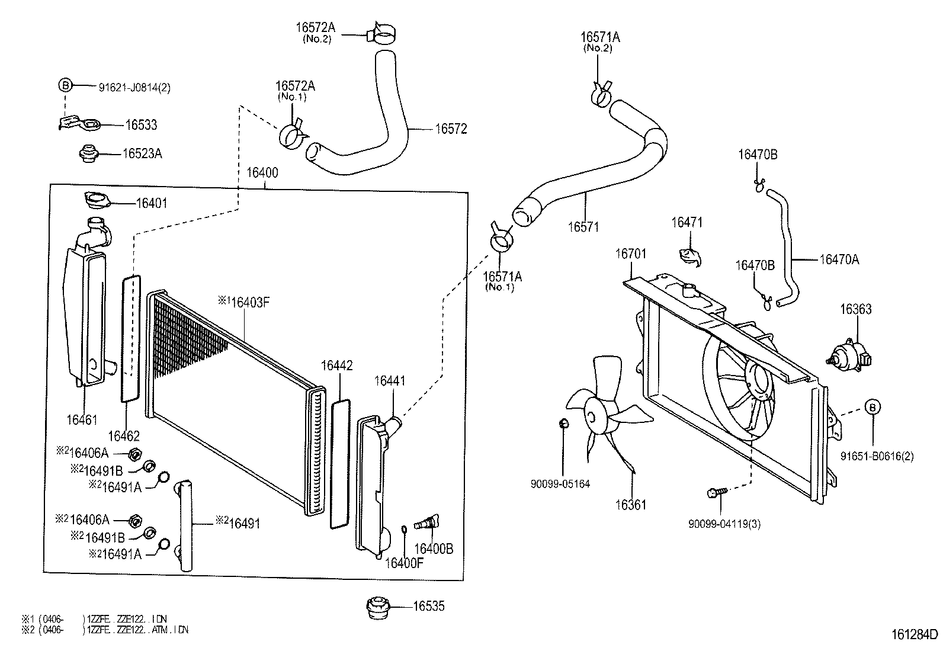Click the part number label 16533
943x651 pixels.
tap(141, 125)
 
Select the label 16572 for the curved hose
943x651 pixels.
tap(451, 129)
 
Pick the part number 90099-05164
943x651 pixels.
tap(560, 484)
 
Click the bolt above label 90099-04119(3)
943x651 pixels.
tap(718, 492)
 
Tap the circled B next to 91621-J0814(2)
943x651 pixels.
tap(65, 86)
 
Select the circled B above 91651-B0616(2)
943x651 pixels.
tap(873, 407)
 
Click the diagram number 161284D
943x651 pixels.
tap(915, 634)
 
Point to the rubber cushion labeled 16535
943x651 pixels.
tap(378, 608)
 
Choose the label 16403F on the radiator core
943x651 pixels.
tap(250, 302)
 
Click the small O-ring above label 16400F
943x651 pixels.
tap(404, 529)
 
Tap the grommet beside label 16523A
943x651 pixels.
tap(88, 154)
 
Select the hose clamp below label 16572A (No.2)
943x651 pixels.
tap(380, 34)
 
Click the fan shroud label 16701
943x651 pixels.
tap(630, 254)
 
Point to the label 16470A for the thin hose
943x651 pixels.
tap(839, 259)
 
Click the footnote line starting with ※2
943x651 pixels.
tap(105, 630)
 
